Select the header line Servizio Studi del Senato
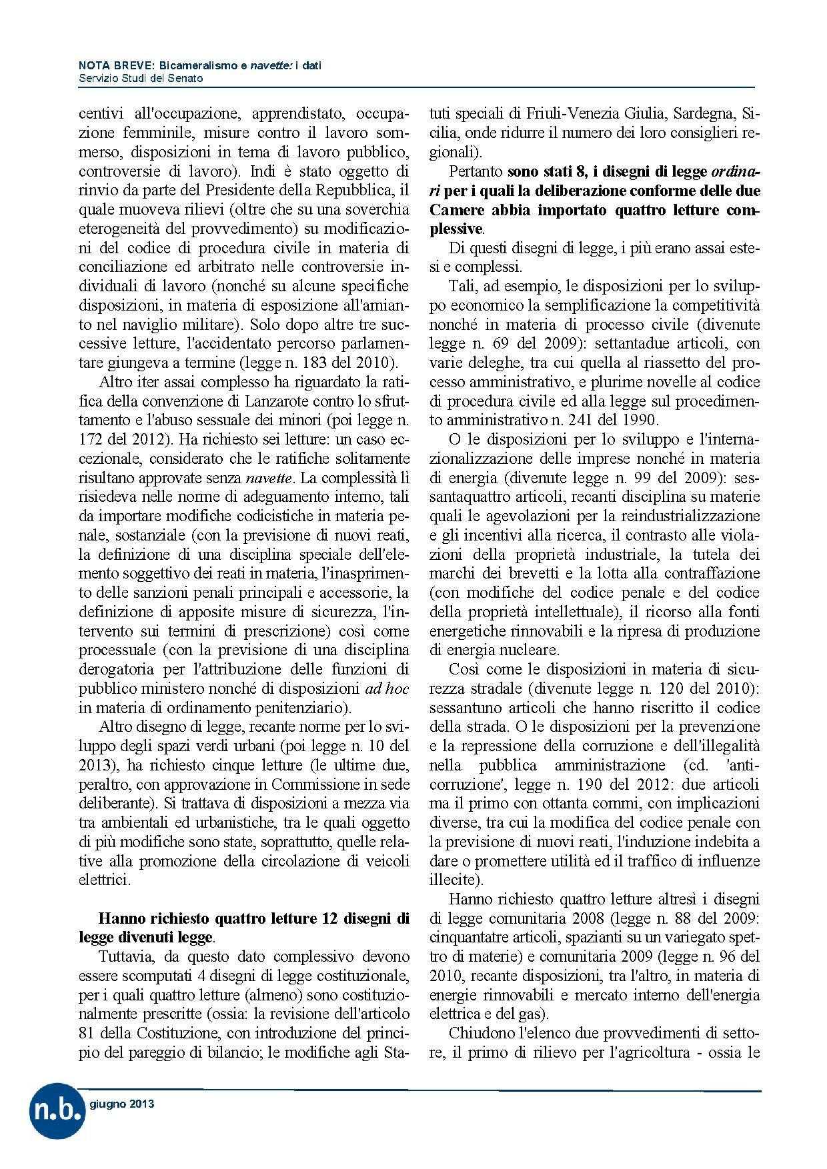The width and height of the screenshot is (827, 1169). pyautogui.click(x=141, y=78)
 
